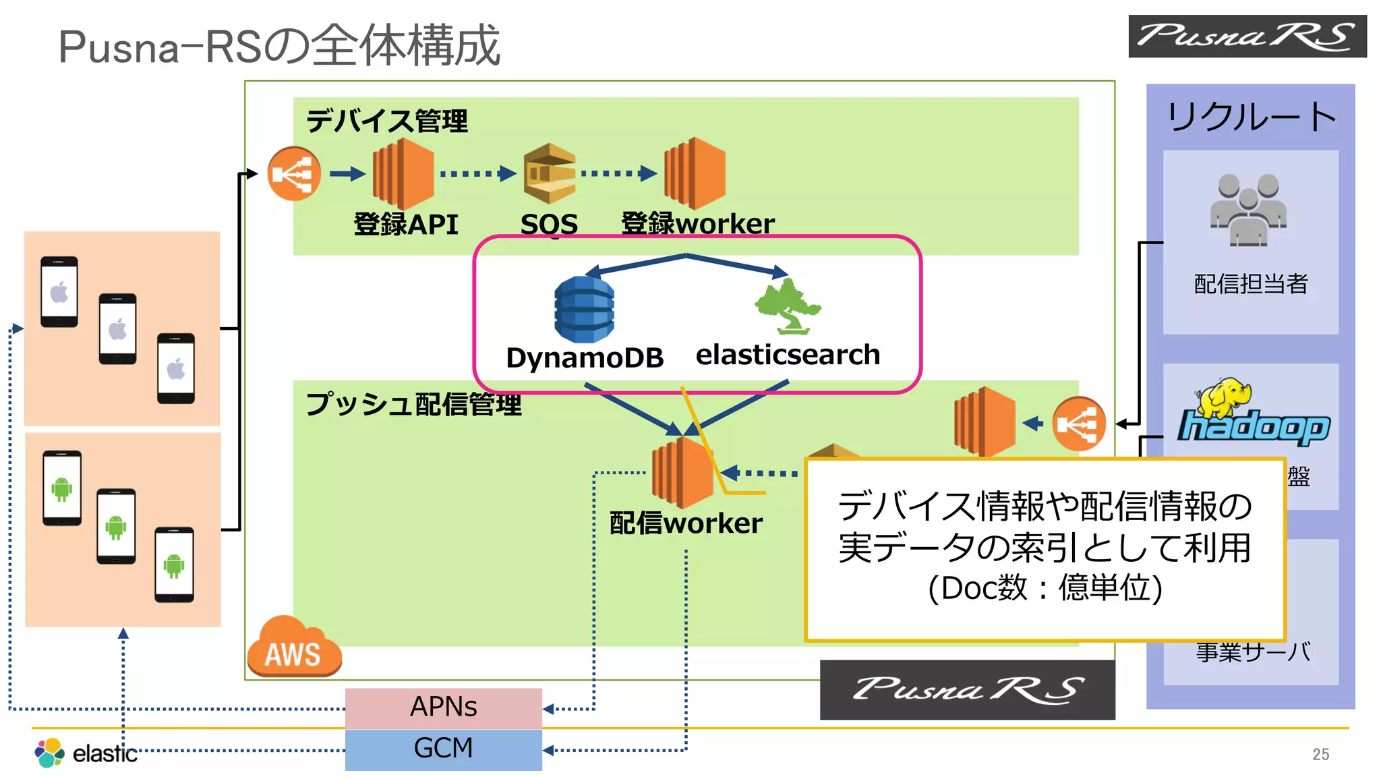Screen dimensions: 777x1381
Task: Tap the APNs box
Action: (443, 708)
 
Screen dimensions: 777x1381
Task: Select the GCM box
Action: (443, 749)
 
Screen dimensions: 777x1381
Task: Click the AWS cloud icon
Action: (293, 647)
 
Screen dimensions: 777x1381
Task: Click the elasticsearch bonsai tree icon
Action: (788, 307)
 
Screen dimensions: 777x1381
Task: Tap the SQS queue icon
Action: (550, 173)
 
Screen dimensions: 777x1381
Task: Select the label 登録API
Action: (406, 225)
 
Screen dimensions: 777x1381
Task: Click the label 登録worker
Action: (697, 224)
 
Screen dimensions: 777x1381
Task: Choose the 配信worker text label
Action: (686, 523)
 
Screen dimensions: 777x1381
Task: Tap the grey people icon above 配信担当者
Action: (1248, 210)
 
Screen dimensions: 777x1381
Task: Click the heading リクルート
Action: (1251, 117)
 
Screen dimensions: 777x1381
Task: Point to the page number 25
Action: (1320, 754)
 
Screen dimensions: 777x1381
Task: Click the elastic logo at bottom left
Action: (86, 753)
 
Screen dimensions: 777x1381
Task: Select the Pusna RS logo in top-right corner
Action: (1247, 36)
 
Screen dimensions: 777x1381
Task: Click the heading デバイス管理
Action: (386, 121)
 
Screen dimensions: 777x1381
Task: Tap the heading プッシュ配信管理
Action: (413, 405)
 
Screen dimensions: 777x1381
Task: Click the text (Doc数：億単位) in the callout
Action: (1045, 588)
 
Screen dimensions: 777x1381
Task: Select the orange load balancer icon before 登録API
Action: (294, 173)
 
